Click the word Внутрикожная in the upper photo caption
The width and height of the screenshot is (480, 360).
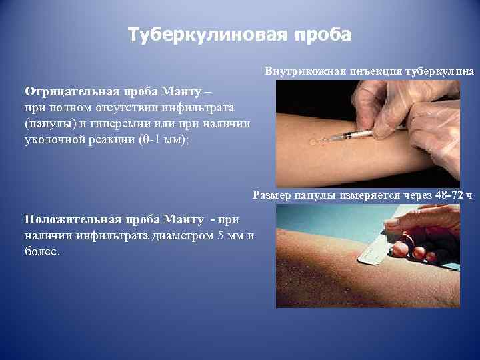(x=297, y=71)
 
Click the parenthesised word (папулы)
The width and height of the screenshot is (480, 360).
(x=49, y=123)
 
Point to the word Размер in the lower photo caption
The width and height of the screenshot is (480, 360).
(x=273, y=195)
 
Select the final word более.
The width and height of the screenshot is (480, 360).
(x=41, y=251)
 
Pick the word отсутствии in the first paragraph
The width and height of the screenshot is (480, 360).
(x=111, y=107)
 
